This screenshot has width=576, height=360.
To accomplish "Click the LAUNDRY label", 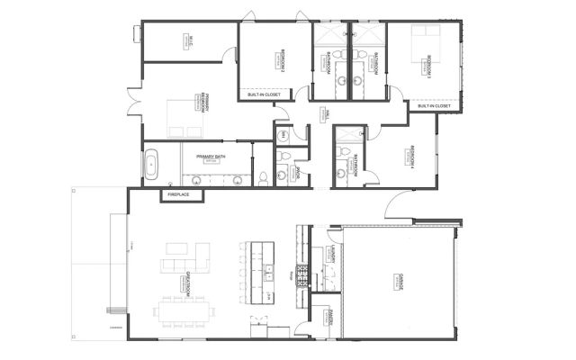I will click(x=333, y=253).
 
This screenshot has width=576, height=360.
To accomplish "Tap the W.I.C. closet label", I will click(x=192, y=40).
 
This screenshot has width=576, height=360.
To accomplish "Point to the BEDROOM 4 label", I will click(x=412, y=155).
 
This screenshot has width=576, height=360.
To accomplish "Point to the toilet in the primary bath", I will click(x=263, y=176).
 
